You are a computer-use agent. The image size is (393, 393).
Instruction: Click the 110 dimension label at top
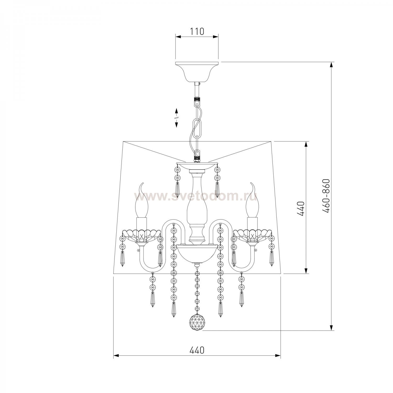[197, 31]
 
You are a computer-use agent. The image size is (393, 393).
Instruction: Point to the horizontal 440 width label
[197, 350]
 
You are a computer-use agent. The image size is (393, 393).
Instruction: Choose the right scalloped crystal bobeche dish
[252, 234]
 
